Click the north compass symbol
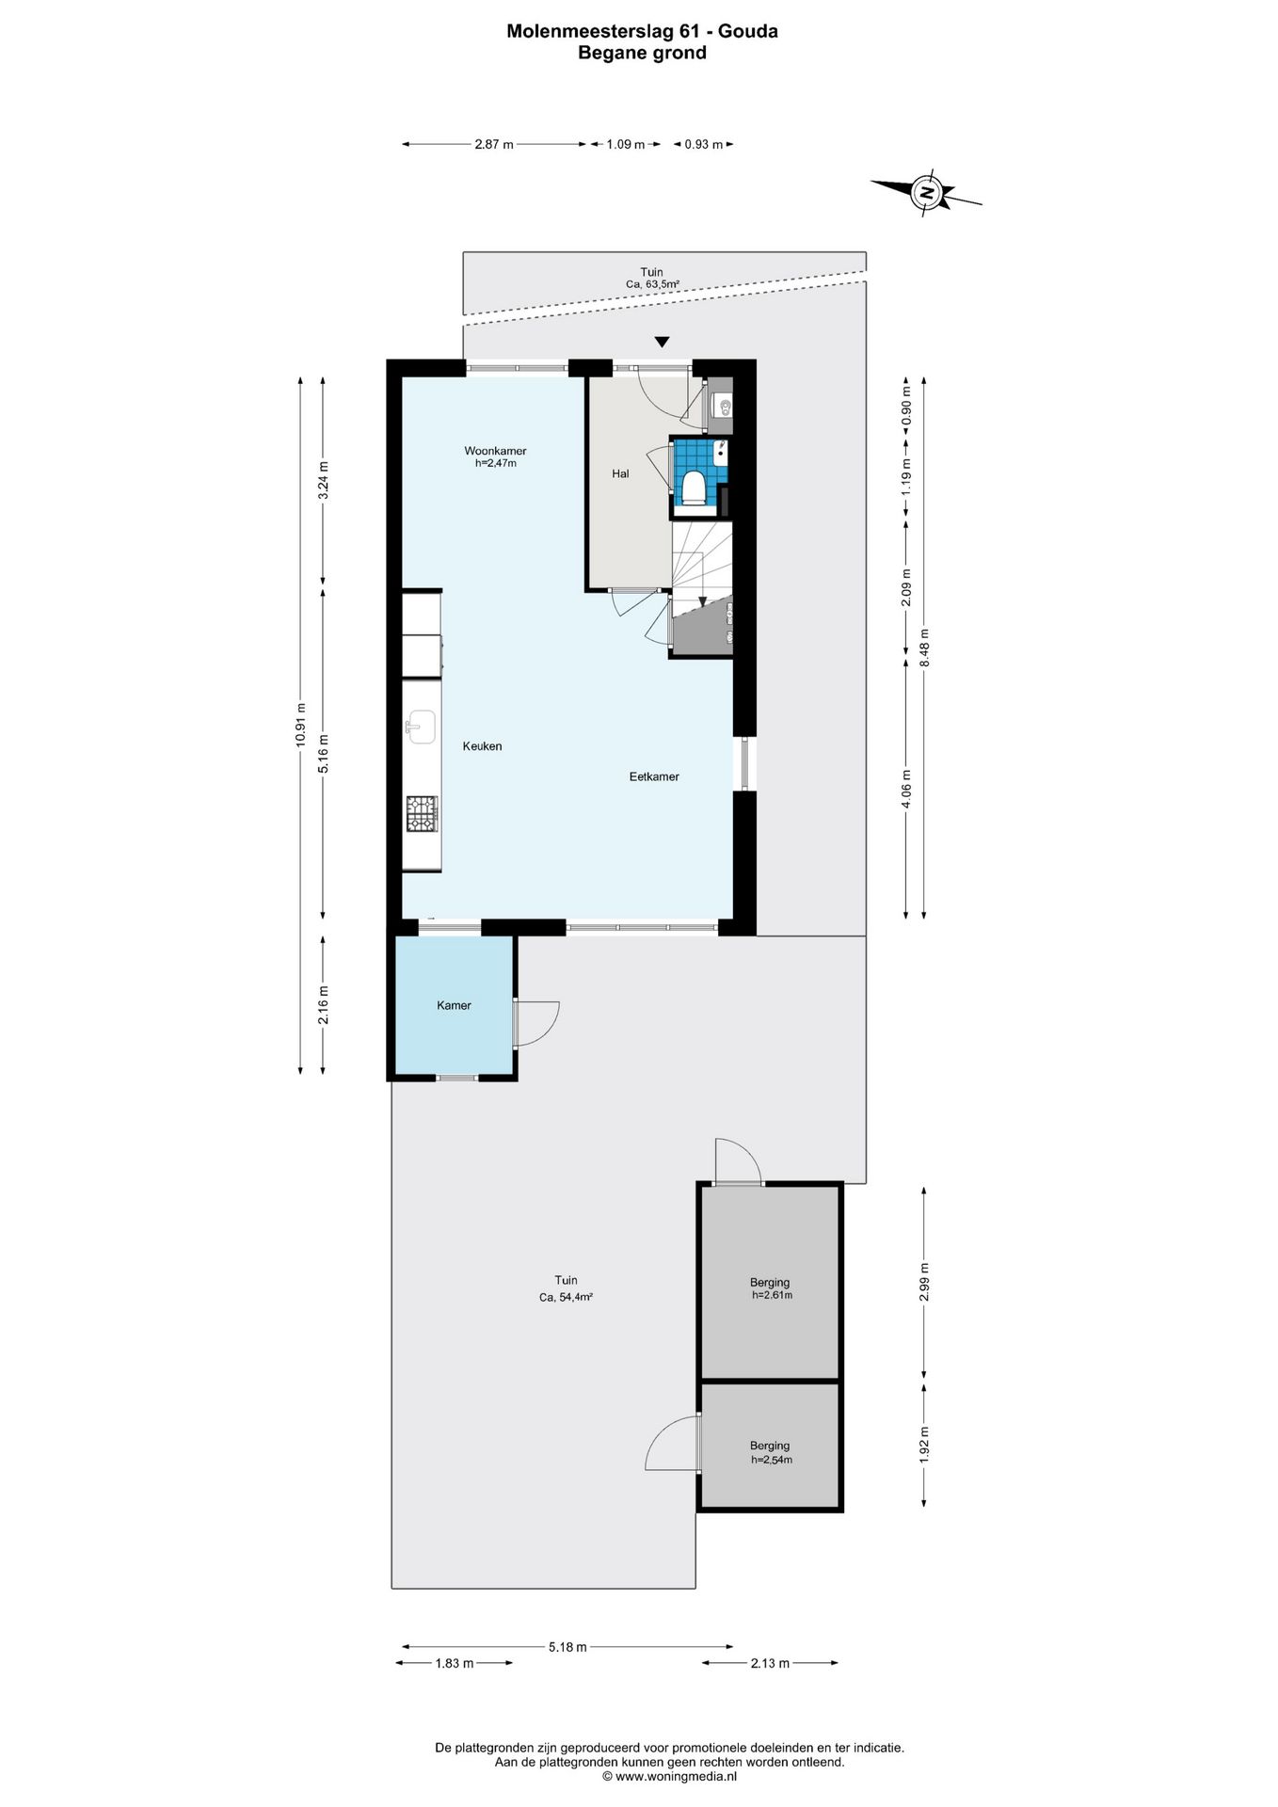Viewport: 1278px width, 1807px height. coord(927,193)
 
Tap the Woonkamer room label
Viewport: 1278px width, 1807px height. coord(495,451)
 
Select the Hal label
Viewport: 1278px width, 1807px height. coord(620,473)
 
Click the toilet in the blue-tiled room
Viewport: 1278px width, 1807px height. coord(694,488)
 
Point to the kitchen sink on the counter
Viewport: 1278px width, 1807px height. coord(421,726)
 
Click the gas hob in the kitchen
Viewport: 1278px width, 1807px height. coord(422,813)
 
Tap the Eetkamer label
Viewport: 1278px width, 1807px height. coord(654,776)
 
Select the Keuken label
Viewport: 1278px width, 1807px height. coord(482,746)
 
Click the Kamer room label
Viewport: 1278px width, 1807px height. coord(454,1005)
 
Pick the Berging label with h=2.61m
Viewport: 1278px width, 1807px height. coord(770,1282)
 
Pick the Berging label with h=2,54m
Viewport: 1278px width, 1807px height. coord(770,1446)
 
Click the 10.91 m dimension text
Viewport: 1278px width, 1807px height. coord(300,725)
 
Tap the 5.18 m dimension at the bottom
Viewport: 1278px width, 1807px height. coord(567,1646)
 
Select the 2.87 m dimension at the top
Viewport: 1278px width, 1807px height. coord(494,145)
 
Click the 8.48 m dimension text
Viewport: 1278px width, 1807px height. coord(924,648)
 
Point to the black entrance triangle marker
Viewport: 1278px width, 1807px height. coord(663,342)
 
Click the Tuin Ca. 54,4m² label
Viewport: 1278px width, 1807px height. coord(566,1287)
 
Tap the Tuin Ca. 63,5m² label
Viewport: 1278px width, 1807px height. coord(651,278)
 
